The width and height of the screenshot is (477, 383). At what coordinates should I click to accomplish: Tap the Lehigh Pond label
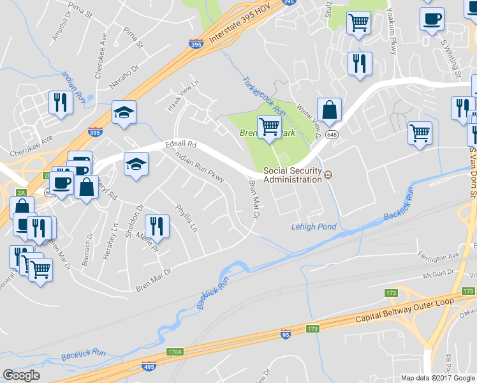tap(313, 227)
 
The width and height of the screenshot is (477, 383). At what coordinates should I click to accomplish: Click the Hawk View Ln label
tap(183, 96)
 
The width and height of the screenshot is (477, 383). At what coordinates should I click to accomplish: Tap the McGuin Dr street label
tap(441, 275)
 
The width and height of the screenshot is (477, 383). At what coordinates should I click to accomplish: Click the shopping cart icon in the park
tap(269, 126)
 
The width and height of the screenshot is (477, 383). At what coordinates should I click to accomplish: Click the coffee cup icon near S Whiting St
tap(432, 18)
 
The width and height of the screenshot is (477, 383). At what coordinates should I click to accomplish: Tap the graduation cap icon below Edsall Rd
tap(136, 164)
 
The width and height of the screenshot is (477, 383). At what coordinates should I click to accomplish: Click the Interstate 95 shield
tap(284, 334)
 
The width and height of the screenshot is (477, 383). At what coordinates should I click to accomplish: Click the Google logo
tap(21, 375)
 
